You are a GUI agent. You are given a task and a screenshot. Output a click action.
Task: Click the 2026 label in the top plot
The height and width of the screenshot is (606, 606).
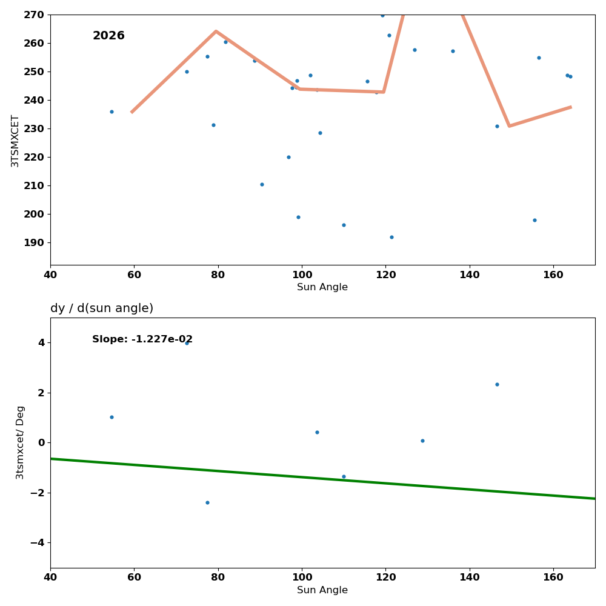(x=108, y=36)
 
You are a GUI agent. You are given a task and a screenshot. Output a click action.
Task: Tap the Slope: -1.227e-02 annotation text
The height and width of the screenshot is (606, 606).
(x=142, y=340)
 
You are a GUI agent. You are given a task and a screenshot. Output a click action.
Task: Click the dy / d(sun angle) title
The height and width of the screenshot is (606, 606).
(x=102, y=308)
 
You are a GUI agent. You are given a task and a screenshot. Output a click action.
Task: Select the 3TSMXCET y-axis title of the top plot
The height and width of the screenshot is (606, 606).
(x=15, y=141)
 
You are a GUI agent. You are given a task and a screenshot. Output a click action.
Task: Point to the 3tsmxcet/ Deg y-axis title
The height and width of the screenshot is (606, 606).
(x=21, y=442)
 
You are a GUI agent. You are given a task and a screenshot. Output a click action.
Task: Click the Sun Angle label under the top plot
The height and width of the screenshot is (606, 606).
(x=322, y=287)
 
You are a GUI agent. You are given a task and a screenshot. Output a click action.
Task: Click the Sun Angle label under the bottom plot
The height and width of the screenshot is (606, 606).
(x=322, y=590)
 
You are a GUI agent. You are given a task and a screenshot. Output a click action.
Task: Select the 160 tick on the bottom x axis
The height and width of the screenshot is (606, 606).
(x=553, y=578)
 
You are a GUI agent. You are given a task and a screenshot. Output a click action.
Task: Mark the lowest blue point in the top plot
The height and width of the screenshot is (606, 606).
(x=391, y=237)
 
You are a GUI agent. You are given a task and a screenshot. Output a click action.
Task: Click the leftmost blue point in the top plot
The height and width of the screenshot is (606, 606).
(x=112, y=112)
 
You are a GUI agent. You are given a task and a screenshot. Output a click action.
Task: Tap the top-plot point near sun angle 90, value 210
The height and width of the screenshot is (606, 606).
(x=262, y=184)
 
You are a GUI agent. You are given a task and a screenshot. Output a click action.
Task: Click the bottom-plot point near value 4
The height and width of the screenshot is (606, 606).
(x=187, y=343)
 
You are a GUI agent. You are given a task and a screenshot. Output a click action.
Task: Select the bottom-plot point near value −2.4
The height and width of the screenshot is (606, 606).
(x=207, y=502)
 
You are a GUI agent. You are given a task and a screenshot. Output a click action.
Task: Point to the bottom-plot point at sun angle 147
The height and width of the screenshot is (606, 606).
(x=497, y=384)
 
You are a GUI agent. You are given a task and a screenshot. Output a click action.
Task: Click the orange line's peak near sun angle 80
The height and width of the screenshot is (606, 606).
(x=216, y=31)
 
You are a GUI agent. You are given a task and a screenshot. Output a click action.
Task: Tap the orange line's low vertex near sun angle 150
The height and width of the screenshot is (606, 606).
(x=509, y=126)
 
